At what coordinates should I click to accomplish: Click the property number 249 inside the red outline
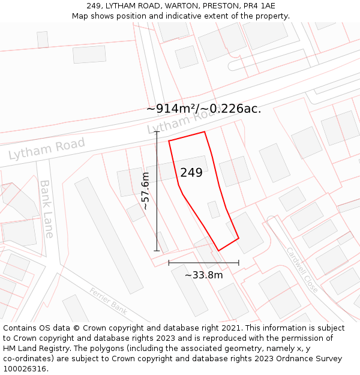[191, 173]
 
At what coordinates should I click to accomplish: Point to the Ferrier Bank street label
[108, 301]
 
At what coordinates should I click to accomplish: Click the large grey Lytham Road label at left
[46, 148]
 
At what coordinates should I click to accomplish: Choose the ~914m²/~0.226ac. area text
[203, 109]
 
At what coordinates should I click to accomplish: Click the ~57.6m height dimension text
[145, 191]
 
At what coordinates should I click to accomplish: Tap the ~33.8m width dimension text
[203, 275]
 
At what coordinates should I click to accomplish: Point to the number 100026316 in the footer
[25, 369]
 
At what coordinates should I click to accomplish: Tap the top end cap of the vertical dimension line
[157, 132]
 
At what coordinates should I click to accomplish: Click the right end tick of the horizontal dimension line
[239, 263]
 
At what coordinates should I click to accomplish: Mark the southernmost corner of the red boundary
[218, 251]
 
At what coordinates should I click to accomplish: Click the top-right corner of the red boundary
[205, 132]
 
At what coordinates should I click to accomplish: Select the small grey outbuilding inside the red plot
[214, 209]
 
